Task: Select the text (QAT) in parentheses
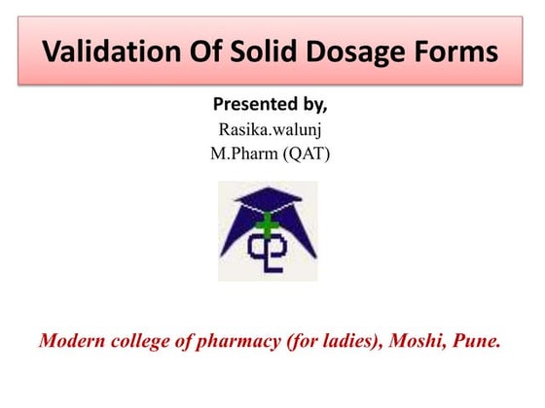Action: pos(308,153)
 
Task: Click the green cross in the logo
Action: pos(265,227)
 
